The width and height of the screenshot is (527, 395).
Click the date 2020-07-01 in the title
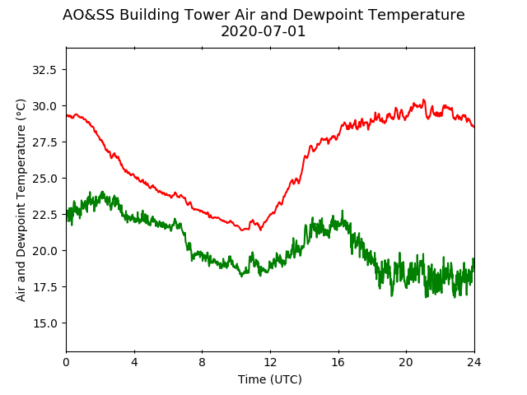pyautogui.click(x=263, y=31)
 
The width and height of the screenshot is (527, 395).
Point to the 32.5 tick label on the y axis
pyautogui.click(x=44, y=70)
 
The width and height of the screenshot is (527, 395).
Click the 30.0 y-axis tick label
pyautogui.click(x=44, y=106)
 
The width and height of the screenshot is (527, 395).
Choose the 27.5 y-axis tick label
pyautogui.click(x=44, y=142)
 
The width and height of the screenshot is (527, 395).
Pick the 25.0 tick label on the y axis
pyautogui.click(x=44, y=179)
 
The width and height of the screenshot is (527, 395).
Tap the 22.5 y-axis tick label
pyautogui.click(x=44, y=215)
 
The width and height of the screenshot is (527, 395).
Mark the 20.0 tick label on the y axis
pyautogui.click(x=44, y=251)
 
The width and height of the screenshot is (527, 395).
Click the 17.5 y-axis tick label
pyautogui.click(x=44, y=287)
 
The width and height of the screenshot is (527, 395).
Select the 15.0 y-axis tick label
pyautogui.click(x=44, y=323)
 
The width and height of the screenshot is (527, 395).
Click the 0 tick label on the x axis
pyautogui.click(x=67, y=362)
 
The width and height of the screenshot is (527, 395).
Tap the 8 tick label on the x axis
pyautogui.click(x=203, y=362)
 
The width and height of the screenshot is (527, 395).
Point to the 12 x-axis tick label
pyautogui.click(x=270, y=362)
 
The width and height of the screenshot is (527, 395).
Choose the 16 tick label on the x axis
pyautogui.click(x=338, y=362)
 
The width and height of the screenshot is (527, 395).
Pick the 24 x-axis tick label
pyautogui.click(x=474, y=362)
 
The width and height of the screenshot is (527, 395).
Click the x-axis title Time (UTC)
pyautogui.click(x=270, y=379)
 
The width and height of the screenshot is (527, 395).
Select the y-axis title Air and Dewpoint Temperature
pyautogui.click(x=21, y=200)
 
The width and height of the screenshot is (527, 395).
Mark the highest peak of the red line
pyautogui.click(x=423, y=100)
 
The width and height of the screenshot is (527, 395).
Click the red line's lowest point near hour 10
pyautogui.click(x=242, y=230)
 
